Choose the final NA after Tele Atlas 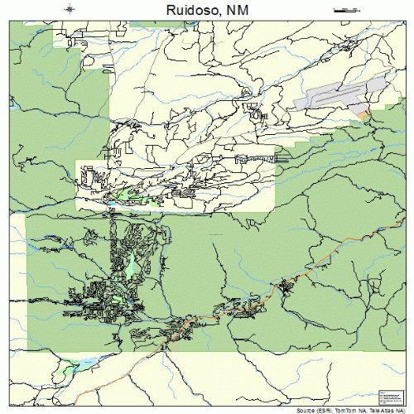point(395,409)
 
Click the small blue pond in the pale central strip point(110,201)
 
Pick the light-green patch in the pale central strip point(128,194)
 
